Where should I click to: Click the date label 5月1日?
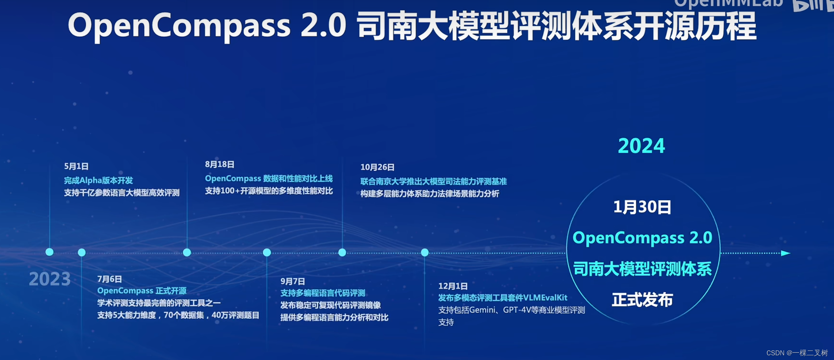coord(76,166)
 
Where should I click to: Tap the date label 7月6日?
coord(109,279)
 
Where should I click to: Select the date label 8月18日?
coord(220,164)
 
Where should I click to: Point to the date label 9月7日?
coord(292,281)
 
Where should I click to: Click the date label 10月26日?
coord(377,167)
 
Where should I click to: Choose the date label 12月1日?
coord(453,286)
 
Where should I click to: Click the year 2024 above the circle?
coord(641,146)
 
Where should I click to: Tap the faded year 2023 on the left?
coord(50,279)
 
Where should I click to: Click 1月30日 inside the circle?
coord(642,207)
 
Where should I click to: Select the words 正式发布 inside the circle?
coord(642,300)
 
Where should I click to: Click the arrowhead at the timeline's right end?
coord(786,253)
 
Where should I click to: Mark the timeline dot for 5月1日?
coord(50,252)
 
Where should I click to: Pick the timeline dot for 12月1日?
coord(425,252)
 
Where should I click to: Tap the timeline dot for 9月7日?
coord(267,252)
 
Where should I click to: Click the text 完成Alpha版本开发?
coord(98,180)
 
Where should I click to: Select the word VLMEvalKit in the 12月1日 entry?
coord(545,298)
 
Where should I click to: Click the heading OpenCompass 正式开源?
coord(142,291)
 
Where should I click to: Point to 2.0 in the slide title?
coord(323,25)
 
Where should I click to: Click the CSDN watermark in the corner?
coord(797,353)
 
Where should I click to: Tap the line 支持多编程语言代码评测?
coord(322,293)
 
